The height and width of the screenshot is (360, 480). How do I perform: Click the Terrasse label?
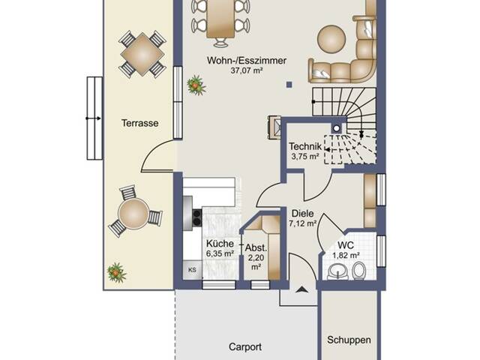[140, 123]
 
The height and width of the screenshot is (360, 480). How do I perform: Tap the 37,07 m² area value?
[247, 70]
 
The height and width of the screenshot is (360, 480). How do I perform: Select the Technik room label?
[305, 146]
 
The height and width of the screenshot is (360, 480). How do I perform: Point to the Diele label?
[303, 213]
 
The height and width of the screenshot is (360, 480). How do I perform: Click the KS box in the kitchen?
[192, 270]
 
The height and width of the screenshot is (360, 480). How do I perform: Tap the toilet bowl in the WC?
[358, 271]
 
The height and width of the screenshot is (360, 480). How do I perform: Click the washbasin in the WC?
[338, 271]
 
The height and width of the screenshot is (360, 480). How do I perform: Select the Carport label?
[245, 346]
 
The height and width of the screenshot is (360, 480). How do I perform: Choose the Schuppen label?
[349, 340]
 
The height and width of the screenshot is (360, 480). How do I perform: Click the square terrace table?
[142, 55]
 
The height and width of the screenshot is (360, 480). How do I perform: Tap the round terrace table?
[133, 213]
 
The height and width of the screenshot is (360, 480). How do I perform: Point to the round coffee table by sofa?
[331, 39]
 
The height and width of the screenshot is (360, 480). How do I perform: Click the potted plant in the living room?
[196, 85]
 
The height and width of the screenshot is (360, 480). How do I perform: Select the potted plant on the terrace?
[116, 272]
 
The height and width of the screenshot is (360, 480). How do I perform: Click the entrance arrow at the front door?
[301, 289]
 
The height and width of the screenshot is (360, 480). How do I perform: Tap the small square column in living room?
[289, 85]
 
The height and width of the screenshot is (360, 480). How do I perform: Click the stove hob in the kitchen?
[196, 217]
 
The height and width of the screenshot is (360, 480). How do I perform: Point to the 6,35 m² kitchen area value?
[220, 253]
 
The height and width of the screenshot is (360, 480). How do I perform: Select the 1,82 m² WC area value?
[346, 255]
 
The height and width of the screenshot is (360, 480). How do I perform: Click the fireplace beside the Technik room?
[275, 127]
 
